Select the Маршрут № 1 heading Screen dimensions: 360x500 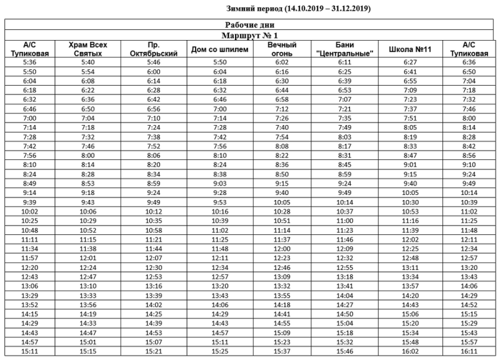coord(250,36)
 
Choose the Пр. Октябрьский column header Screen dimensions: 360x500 coord(154,49)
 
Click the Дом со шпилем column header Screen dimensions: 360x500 coord(219,49)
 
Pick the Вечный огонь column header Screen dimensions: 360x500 coord(281,49)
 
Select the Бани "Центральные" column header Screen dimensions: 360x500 coord(345,49)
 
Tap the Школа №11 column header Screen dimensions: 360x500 coord(410,49)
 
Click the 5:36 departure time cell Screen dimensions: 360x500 coord(29,62)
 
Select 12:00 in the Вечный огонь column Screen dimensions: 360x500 coord(282,248)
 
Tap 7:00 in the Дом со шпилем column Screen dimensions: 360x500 coord(219,109)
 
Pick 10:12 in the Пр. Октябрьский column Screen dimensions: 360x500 coord(153,212)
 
